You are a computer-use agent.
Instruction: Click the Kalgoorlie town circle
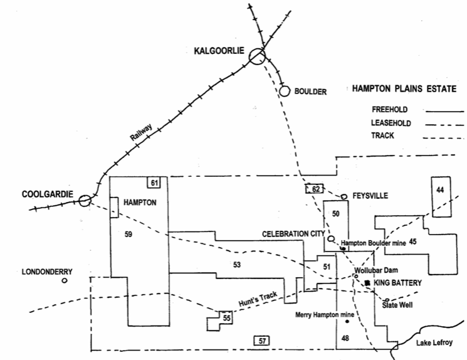coord(256,57)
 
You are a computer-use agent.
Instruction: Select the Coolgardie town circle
coord(85,201)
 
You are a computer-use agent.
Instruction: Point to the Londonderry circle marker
coord(65,281)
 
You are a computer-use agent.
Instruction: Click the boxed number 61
coord(154,183)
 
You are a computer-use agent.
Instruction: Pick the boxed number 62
coord(315,189)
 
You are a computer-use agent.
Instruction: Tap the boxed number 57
coord(261,341)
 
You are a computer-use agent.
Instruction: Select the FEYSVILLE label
coord(370,196)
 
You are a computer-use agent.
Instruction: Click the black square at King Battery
coord(367,283)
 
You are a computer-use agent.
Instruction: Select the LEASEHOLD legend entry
coord(391,123)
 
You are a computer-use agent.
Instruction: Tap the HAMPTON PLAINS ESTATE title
coord(402,90)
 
